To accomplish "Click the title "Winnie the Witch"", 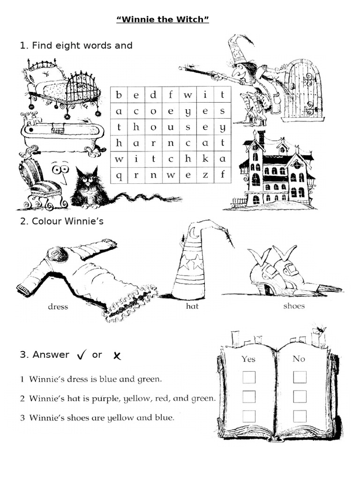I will click(x=162, y=21).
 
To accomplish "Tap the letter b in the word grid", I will click(x=119, y=95).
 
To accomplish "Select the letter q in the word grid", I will click(x=119, y=175).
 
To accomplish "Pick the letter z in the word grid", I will click(x=205, y=175).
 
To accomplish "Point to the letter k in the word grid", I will click(x=205, y=159).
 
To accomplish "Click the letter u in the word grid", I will click(x=171, y=127).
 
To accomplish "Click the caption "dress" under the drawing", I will click(x=58, y=307).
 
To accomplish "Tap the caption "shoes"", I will click(x=294, y=306).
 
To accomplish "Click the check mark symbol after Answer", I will click(x=82, y=356).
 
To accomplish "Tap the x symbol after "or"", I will click(x=117, y=356).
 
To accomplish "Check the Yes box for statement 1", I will click(x=249, y=377).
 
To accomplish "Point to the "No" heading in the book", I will click(x=299, y=359).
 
